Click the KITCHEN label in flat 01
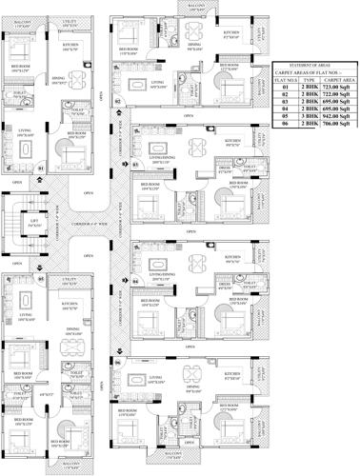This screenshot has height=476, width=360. pos(70,45)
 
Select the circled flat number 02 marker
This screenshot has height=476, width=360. pos(118,100)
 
